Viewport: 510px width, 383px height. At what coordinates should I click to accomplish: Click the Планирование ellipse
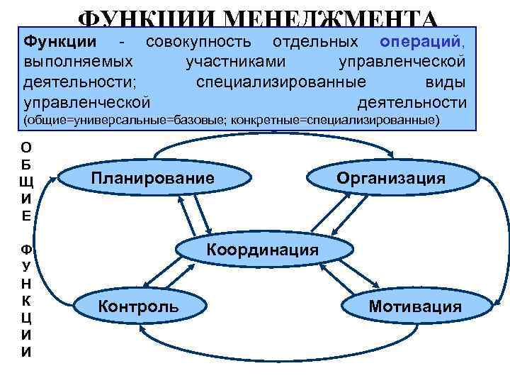[x=152, y=178]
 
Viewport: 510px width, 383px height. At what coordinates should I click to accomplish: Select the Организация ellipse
[x=391, y=178]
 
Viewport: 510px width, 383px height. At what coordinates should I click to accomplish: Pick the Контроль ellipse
[x=139, y=306]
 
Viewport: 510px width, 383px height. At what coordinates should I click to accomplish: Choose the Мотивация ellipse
[x=414, y=306]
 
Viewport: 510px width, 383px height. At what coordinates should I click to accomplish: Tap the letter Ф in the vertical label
[x=26, y=250]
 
